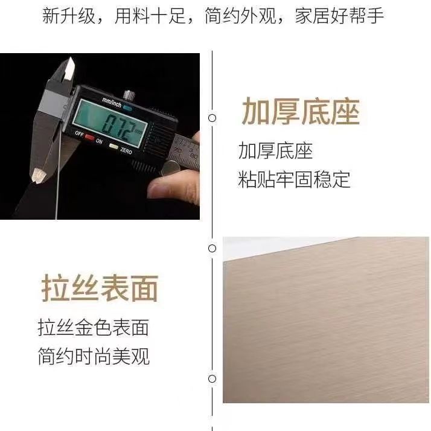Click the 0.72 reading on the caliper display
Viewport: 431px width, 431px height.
pos(121,127)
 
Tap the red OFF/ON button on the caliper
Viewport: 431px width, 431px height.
pos(89,137)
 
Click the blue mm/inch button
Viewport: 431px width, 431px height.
pos(127,107)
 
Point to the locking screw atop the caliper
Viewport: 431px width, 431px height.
pos(129,95)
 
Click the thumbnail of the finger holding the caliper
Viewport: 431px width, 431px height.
pos(159,188)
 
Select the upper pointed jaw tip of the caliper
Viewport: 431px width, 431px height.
pos(71,58)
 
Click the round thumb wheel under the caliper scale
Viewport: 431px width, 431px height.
pos(168,168)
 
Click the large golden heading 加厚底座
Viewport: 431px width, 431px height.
pos(301,112)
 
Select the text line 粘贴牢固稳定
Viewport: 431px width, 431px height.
pos(294,179)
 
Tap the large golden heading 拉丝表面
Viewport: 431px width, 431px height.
pos(100,288)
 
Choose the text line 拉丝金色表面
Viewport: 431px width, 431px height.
pos(94,327)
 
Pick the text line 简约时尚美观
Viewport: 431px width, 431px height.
pos(94,356)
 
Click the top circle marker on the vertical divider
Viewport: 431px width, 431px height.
pos(212,118)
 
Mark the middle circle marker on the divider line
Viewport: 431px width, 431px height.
pos(212,249)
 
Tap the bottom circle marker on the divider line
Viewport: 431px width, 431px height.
pos(212,378)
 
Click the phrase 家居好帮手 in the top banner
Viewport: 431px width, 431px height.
pos(339,16)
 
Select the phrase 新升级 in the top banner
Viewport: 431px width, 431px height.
pos(68,16)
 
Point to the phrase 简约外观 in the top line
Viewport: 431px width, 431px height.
pos(240,16)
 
